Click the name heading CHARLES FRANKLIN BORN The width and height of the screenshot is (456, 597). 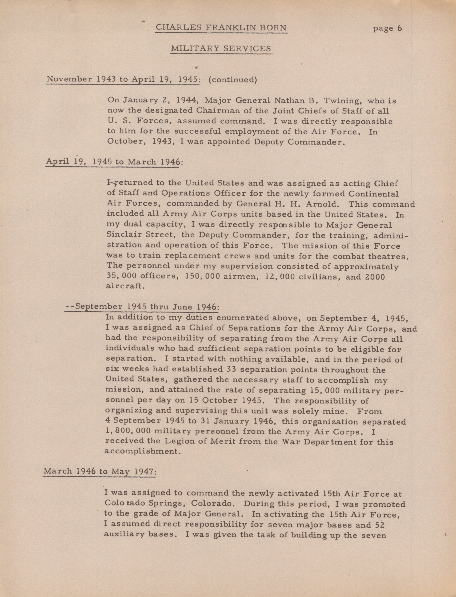coord(221,28)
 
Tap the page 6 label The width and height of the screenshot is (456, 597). coord(387,28)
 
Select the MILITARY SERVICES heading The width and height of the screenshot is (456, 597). coord(221,49)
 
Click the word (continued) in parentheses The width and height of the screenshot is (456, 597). coord(232,80)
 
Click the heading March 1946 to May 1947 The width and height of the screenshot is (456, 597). coord(100,471)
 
